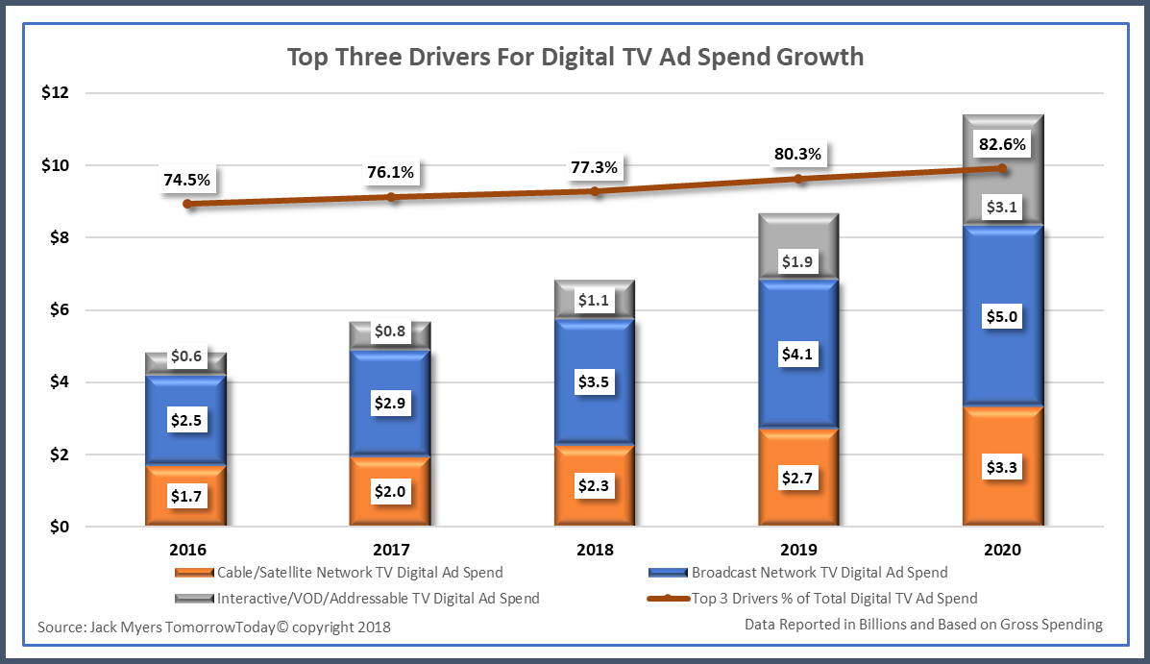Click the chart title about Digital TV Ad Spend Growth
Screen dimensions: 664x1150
point(575,57)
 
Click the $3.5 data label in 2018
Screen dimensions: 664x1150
point(595,381)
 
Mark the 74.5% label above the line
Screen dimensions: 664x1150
point(186,179)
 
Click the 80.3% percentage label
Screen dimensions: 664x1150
point(798,153)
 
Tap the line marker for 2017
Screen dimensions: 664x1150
point(391,197)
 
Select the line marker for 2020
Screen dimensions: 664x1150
point(1002,168)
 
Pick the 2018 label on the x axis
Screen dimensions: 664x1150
point(595,551)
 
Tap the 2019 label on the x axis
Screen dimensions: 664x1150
point(798,551)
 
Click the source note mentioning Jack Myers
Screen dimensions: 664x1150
point(214,627)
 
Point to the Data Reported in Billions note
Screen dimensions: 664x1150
point(923,625)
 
